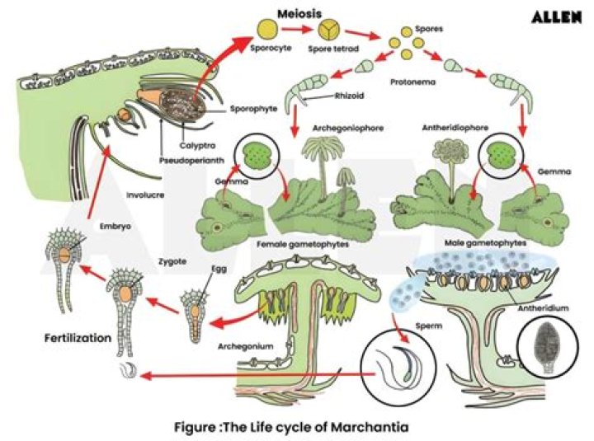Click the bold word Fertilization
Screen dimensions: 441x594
point(78,338)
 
